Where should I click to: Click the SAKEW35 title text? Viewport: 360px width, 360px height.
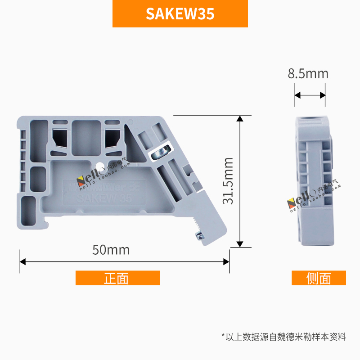tap(180, 14)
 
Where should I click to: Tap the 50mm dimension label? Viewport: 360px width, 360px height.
tap(111, 250)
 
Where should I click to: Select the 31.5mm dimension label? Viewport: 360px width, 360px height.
tap(229, 181)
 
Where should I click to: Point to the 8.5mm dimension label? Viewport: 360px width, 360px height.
tap(308, 74)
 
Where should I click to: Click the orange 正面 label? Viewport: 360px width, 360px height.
tap(117, 278)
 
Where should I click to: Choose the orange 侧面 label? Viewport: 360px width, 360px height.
tap(319, 278)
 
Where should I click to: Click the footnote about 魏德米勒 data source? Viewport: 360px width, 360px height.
tap(284, 336)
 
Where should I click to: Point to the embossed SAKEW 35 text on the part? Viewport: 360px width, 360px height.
tap(104, 198)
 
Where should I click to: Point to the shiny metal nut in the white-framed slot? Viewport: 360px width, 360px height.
tap(160, 153)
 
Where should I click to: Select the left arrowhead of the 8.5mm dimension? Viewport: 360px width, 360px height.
tap(297, 95)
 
